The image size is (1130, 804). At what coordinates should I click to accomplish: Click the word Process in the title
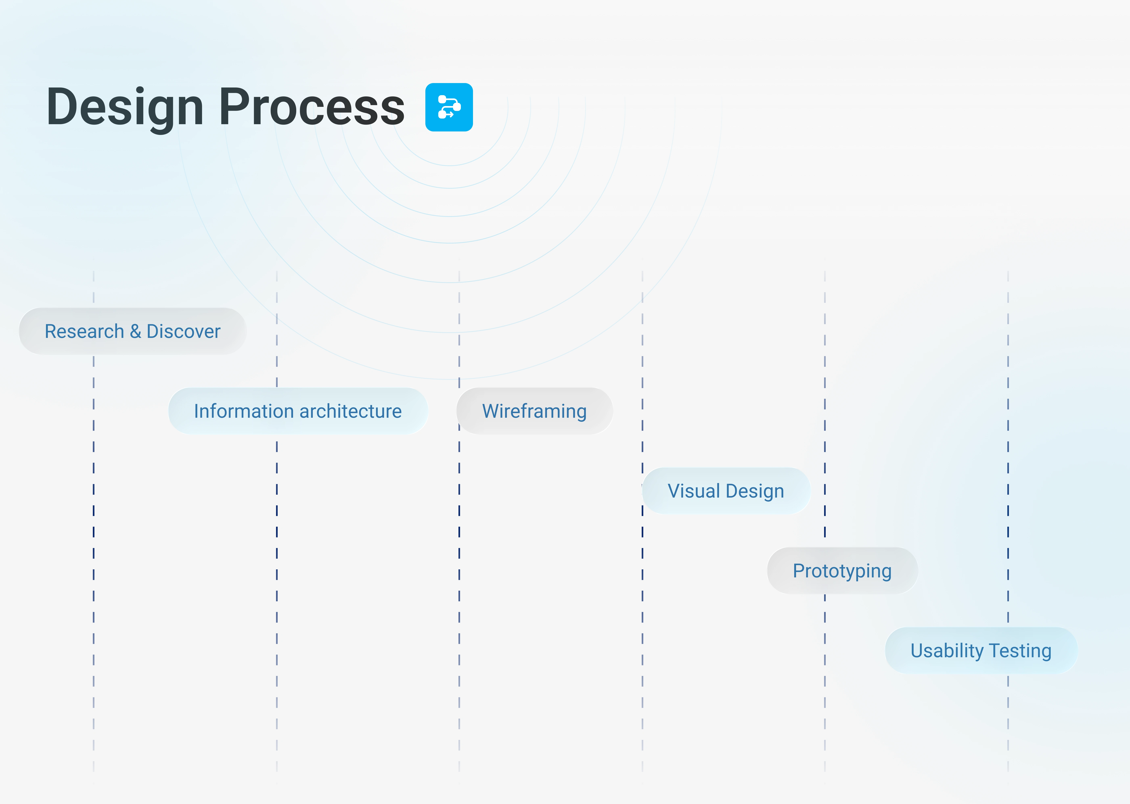(312, 106)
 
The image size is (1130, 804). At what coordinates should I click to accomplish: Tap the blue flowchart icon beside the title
(449, 107)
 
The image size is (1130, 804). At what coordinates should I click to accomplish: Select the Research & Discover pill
(133, 331)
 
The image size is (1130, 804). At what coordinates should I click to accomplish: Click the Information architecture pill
(298, 411)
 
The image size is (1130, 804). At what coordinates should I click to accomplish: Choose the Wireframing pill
(535, 411)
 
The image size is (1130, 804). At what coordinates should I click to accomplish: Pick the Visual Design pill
(726, 491)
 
